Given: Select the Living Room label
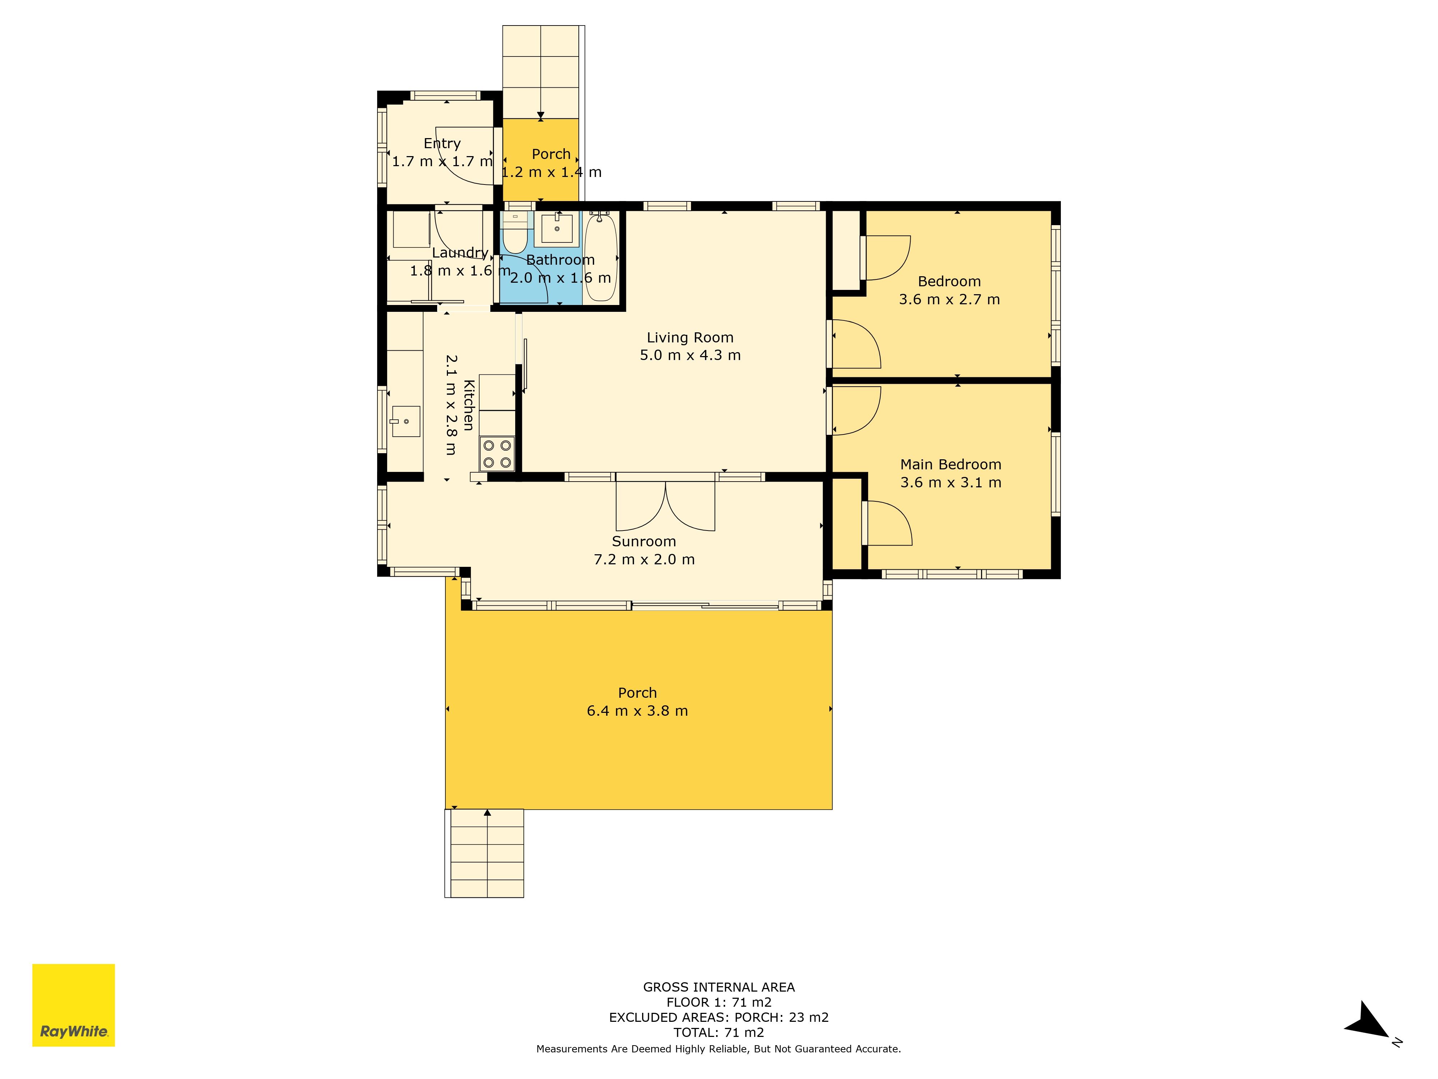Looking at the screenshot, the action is point(690,338).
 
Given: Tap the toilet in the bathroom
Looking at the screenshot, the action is point(515,233).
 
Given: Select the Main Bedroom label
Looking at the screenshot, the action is point(951,464).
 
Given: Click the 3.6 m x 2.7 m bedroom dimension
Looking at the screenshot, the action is point(949,299).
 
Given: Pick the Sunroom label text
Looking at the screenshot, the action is point(644,541).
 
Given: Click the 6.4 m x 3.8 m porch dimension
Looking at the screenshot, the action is point(637,711).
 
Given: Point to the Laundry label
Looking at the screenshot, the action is point(460,253).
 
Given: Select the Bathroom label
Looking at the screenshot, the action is point(560,260).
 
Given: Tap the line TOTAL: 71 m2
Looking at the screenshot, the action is point(719,1032).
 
